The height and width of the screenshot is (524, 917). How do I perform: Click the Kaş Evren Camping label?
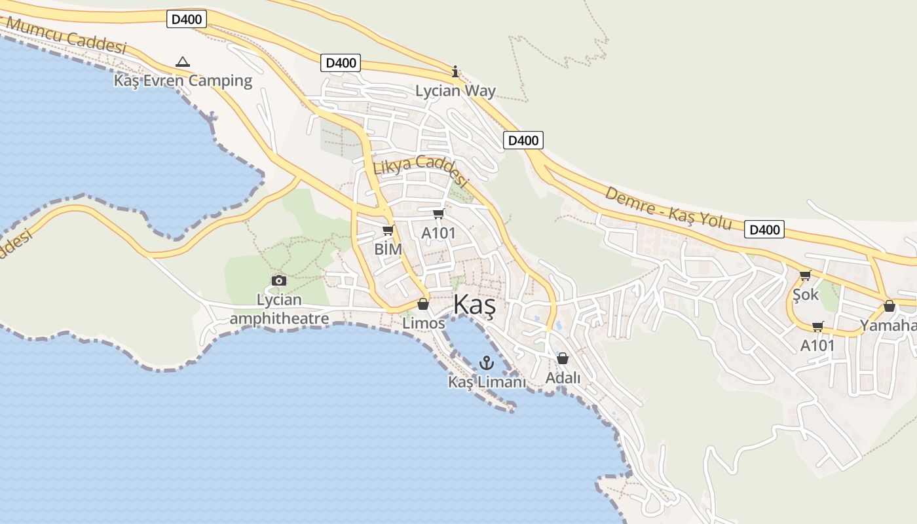click(x=183, y=81)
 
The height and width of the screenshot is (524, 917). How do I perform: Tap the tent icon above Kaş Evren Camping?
click(x=183, y=62)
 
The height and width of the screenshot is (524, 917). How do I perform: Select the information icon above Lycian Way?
click(x=456, y=71)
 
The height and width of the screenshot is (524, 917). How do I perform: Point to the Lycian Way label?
click(x=456, y=90)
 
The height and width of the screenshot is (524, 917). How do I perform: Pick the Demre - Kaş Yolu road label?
click(x=667, y=208)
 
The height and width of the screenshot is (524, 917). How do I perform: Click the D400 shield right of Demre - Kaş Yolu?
click(x=764, y=229)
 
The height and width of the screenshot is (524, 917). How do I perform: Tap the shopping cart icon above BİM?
click(x=388, y=231)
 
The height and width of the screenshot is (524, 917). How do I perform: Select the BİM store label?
click(x=388, y=249)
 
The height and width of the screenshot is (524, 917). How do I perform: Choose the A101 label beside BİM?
click(x=438, y=233)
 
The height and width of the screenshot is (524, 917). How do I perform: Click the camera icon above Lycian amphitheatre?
click(x=279, y=281)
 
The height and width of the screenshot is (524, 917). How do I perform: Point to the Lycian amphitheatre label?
click(x=279, y=309)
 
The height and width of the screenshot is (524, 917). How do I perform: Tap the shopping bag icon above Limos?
click(x=423, y=305)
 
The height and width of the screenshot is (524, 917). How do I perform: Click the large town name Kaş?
click(x=475, y=306)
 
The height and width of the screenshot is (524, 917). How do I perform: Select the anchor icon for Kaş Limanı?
click(x=487, y=362)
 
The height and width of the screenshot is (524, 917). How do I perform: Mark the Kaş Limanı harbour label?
click(x=487, y=381)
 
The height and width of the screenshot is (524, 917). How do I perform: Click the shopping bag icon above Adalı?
click(x=563, y=358)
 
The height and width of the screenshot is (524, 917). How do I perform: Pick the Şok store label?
click(x=806, y=295)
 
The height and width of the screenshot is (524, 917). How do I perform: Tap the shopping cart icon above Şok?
click(x=806, y=275)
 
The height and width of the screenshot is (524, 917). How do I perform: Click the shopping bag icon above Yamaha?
click(x=889, y=306)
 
